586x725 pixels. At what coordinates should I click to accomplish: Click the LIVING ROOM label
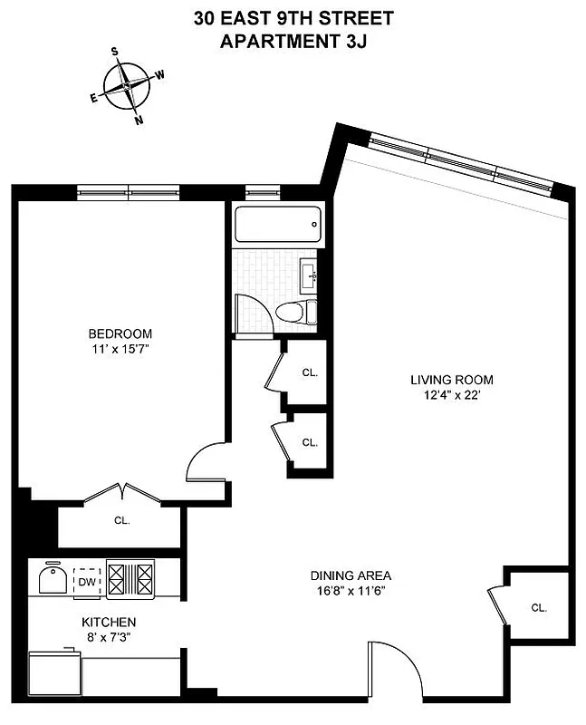tap(450, 380)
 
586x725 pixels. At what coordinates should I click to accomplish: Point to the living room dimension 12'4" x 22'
tap(450, 394)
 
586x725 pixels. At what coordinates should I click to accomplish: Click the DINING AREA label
tap(351, 575)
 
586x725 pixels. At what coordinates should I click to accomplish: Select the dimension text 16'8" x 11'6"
tap(351, 591)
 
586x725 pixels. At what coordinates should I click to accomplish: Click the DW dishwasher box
tap(87, 581)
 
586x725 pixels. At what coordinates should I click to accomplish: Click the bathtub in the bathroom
tap(276, 224)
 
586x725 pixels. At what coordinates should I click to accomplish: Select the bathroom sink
tap(309, 272)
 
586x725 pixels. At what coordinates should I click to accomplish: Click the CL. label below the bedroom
tap(121, 521)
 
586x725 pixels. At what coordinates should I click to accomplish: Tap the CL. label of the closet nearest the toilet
tap(309, 372)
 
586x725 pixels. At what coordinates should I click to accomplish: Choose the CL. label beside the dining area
tap(539, 607)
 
